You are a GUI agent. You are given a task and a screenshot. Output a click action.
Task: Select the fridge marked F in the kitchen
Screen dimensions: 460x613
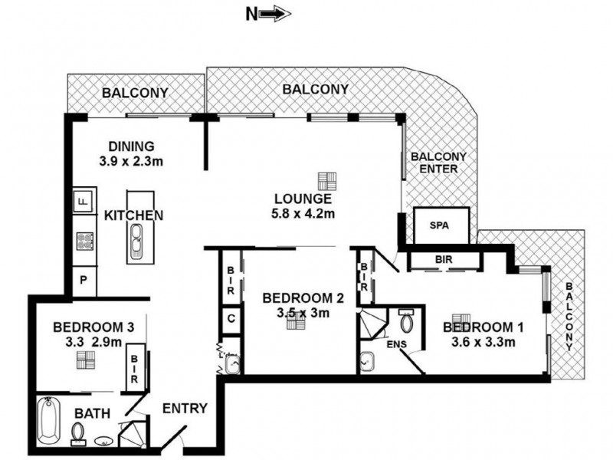[84, 202]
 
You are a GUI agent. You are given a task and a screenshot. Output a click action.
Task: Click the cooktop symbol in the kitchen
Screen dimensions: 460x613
[84, 241]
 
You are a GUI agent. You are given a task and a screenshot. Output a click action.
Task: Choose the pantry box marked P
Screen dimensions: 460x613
[84, 281]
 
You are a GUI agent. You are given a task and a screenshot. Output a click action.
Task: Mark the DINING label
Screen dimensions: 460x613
[131, 146]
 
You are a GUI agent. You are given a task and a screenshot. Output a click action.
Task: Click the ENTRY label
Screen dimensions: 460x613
[185, 409]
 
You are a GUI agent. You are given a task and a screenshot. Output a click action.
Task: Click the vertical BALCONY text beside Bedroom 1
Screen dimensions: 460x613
[569, 316]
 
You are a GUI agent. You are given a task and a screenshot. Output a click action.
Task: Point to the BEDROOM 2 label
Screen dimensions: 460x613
[295, 298]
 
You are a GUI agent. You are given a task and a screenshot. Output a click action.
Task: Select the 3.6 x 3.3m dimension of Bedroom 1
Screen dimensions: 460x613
[483, 342]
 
